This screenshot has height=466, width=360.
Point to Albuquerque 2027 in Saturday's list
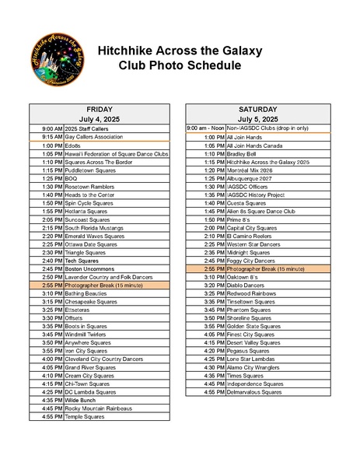pyautogui.click(x=249, y=178)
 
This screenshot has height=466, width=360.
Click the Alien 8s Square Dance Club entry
pyautogui.click(x=260, y=211)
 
